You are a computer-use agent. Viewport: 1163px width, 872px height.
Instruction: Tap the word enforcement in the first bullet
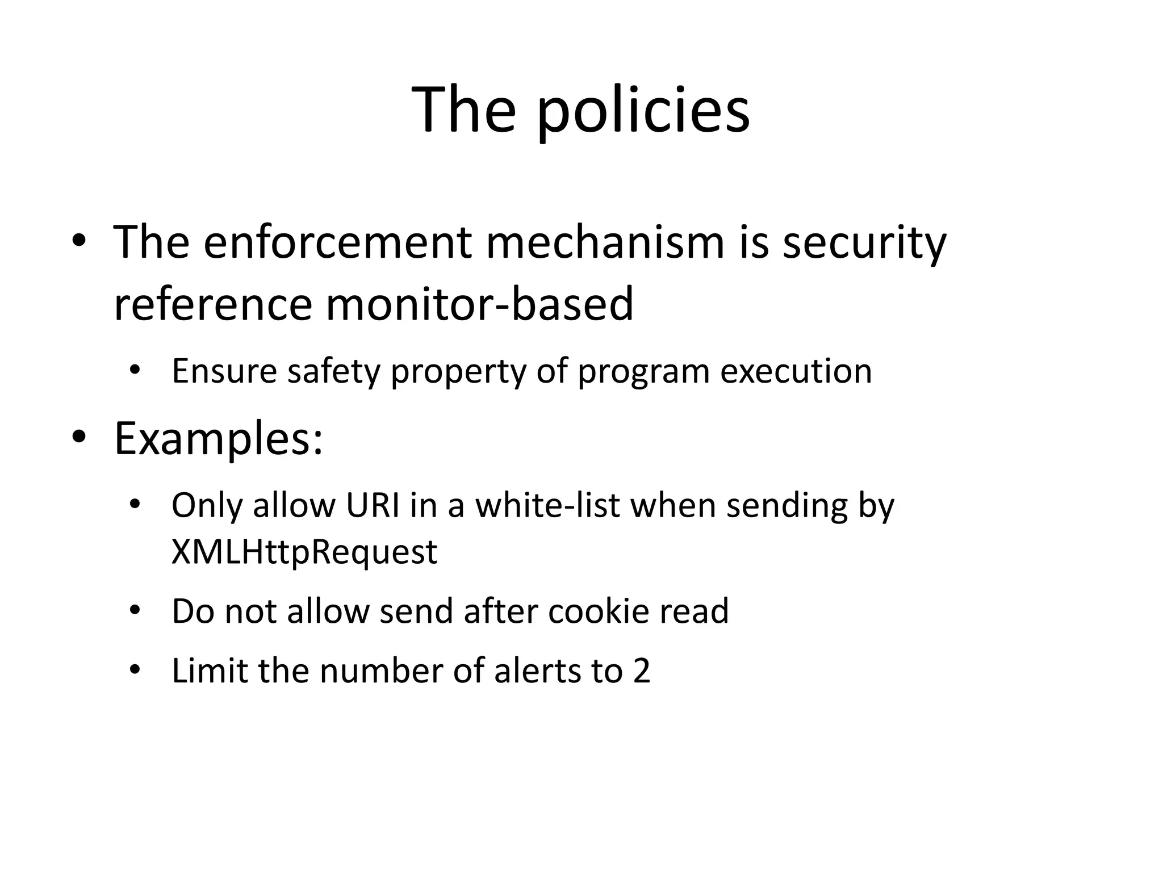pyautogui.click(x=337, y=242)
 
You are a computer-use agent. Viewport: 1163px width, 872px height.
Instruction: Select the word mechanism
pyautogui.click(x=605, y=242)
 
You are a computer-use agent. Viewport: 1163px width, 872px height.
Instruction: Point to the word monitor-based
pyautogui.click(x=479, y=304)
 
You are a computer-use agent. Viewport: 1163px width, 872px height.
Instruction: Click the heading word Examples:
pyautogui.click(x=219, y=439)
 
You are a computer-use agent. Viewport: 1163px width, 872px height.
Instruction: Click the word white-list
pyautogui.click(x=547, y=505)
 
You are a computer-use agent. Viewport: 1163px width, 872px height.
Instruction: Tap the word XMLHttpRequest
pyautogui.click(x=304, y=552)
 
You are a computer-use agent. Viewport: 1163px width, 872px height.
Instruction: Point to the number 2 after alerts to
pyautogui.click(x=641, y=671)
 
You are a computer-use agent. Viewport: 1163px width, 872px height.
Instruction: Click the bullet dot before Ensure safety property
pyautogui.click(x=134, y=371)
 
